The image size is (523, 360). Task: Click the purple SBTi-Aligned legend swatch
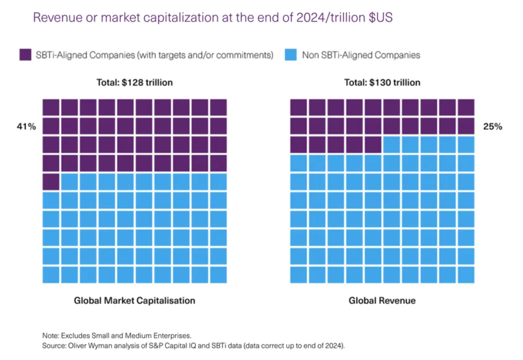coord(25,55)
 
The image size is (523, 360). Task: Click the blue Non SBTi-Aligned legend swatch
coord(291,55)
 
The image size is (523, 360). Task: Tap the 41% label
coord(26,127)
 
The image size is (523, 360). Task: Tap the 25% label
coord(493,127)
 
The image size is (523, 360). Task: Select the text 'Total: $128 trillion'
coord(135,83)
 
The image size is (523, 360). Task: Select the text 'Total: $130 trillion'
coord(382,83)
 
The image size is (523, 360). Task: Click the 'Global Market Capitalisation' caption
coord(135,300)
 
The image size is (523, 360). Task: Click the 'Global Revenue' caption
coord(382,300)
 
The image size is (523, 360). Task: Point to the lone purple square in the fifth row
coord(51,182)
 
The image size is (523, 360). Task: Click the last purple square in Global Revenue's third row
coord(373,144)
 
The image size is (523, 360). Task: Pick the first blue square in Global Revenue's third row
coord(392,144)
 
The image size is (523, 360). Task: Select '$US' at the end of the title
coord(381,18)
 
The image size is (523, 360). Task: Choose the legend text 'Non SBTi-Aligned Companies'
coord(361,55)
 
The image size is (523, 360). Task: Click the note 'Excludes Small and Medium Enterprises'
coord(126,336)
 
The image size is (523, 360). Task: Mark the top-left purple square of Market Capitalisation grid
coord(51,107)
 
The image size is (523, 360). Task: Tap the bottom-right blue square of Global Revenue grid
coord(466,275)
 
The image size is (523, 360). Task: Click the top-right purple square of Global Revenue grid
coord(466,107)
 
